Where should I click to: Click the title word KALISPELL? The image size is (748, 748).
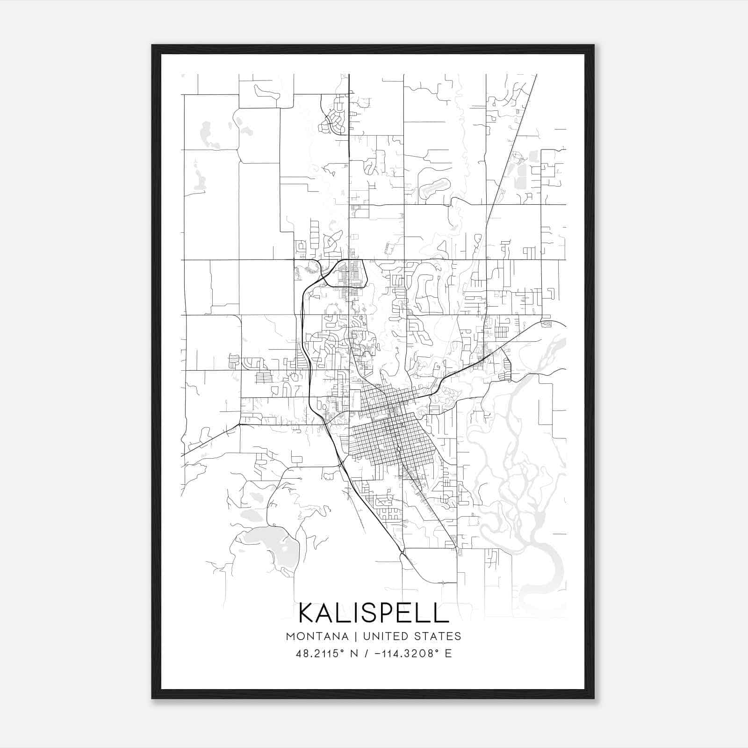374,613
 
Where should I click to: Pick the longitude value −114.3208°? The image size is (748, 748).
405,654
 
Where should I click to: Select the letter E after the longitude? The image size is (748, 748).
448,654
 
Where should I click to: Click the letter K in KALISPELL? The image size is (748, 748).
308,613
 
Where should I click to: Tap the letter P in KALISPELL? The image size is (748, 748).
389,613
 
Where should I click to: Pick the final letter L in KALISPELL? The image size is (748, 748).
440,613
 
